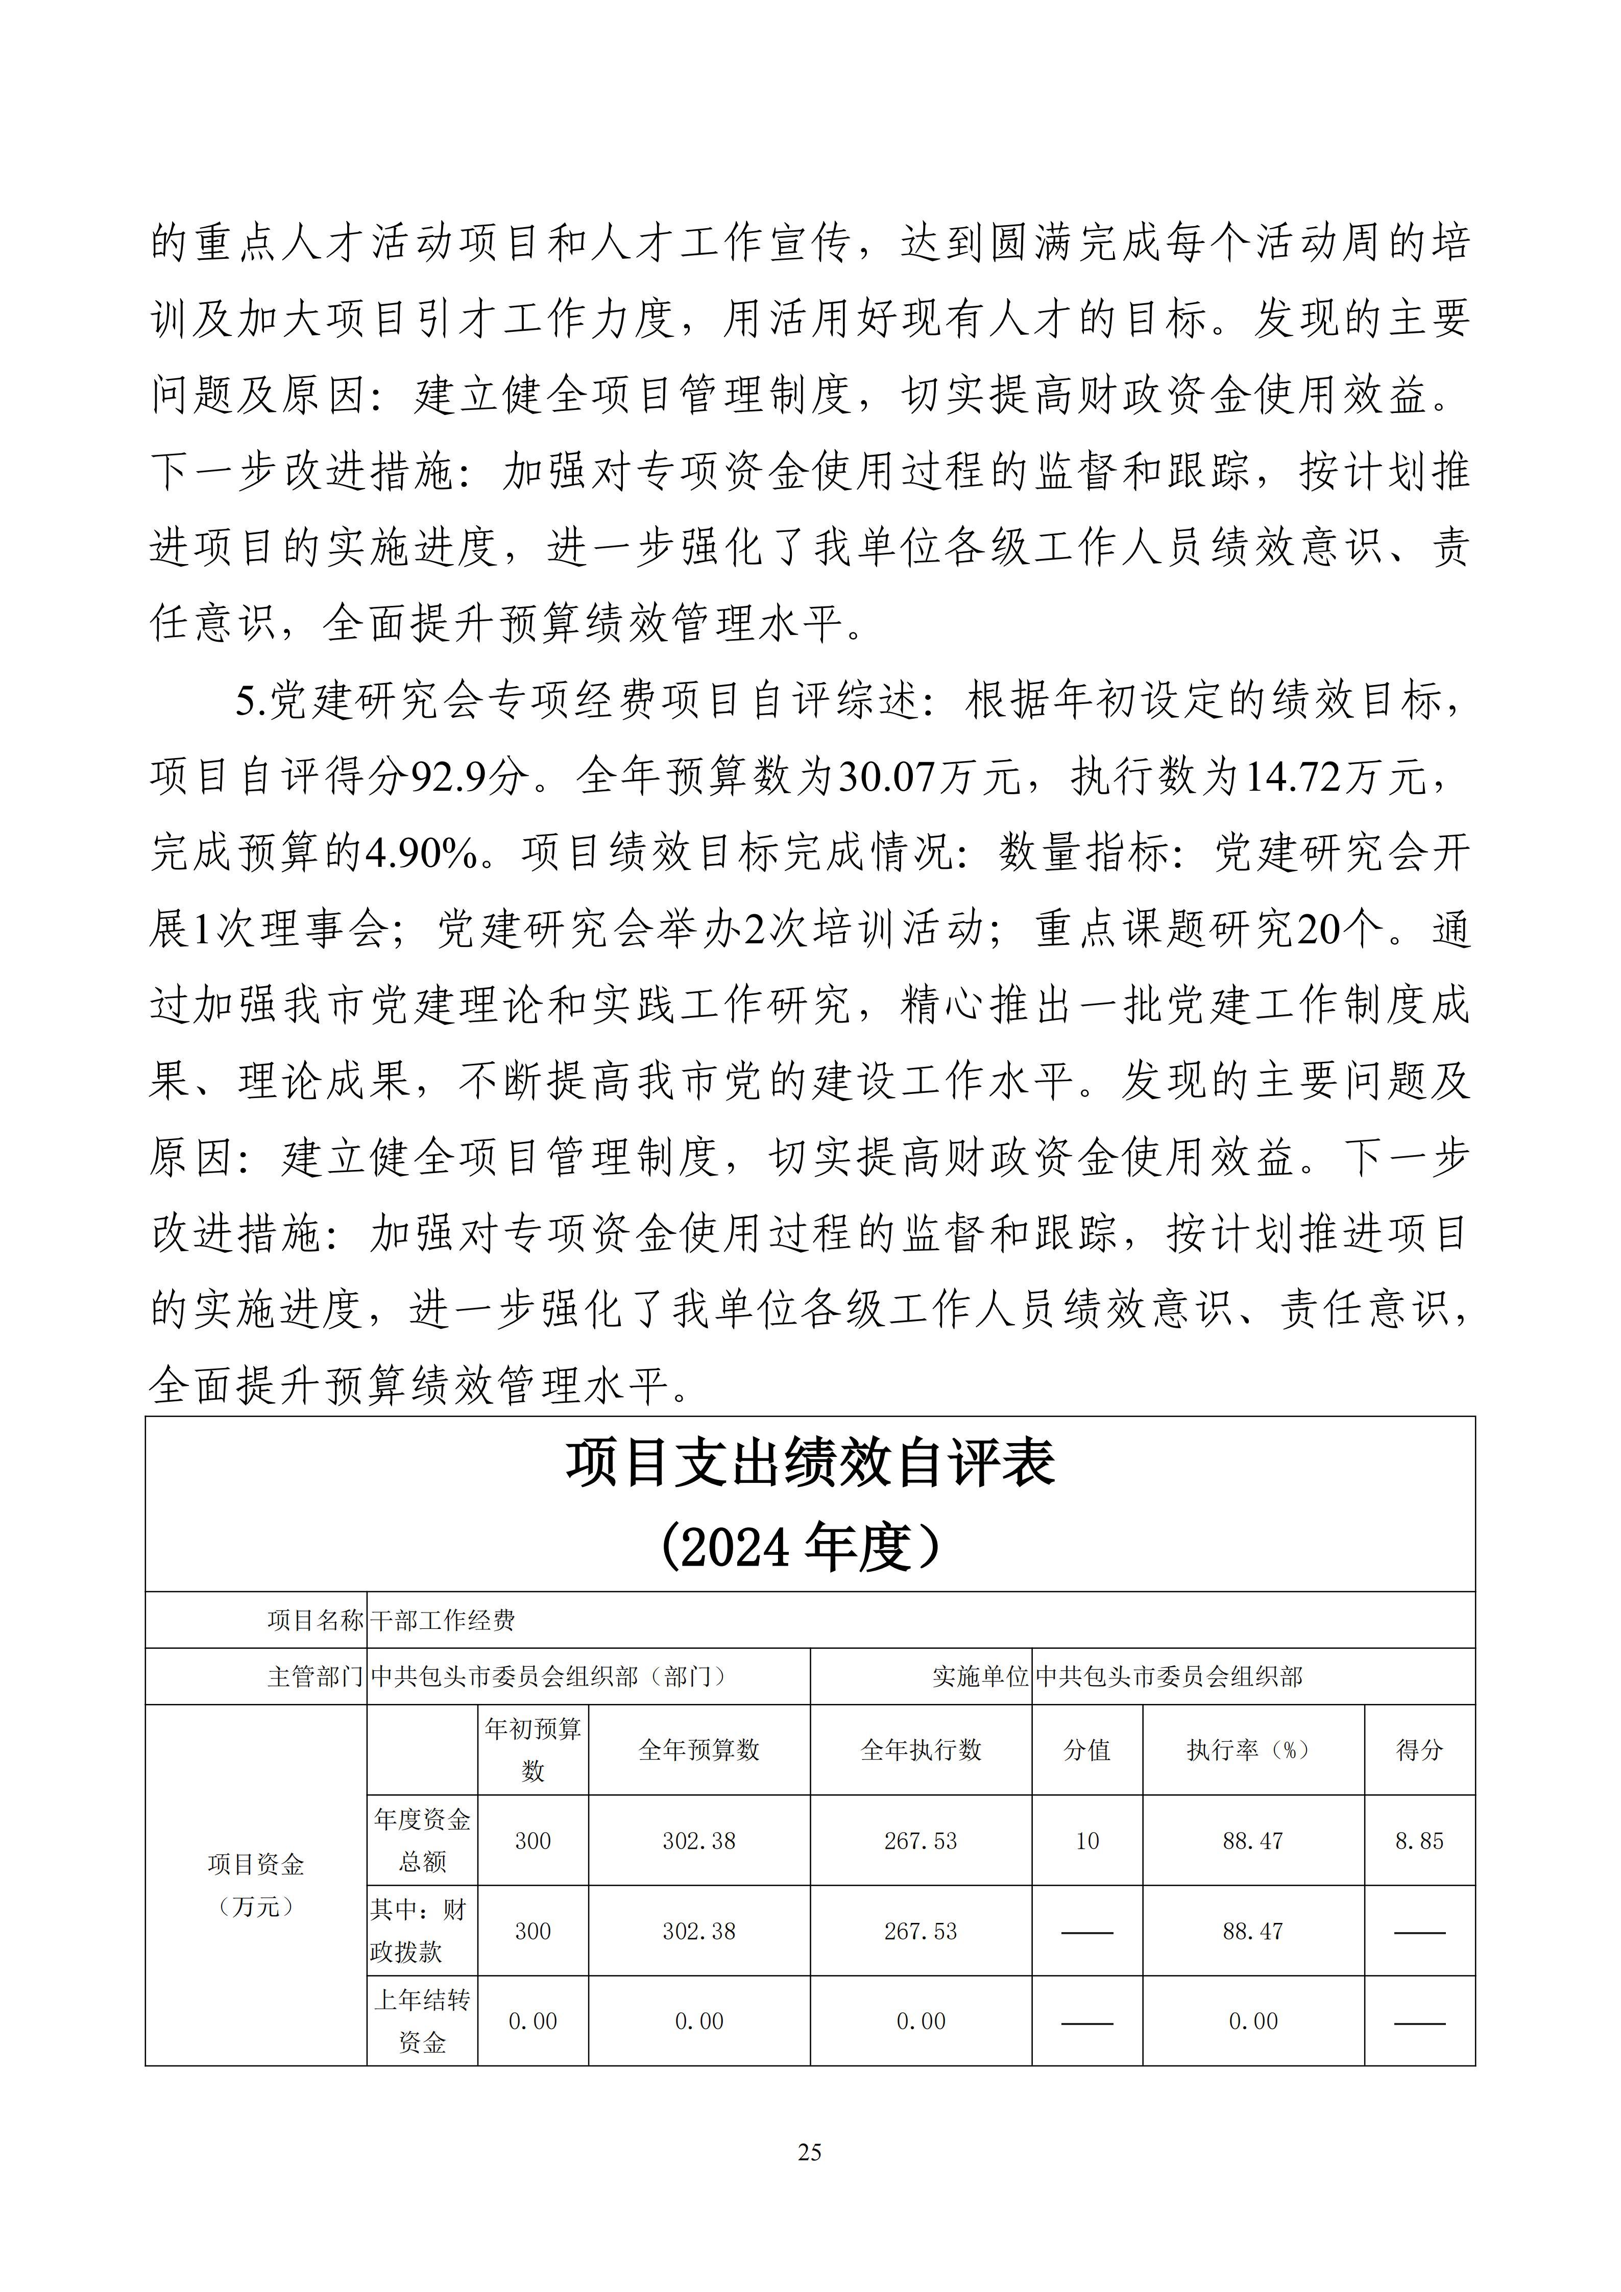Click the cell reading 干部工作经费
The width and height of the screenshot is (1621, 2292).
click(x=442, y=1620)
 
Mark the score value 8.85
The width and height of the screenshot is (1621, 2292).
click(x=1418, y=1840)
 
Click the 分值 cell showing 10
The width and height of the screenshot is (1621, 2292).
click(x=1087, y=1840)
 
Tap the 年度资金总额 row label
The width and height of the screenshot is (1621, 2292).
click(x=422, y=1840)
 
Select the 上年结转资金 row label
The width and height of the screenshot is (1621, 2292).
click(x=422, y=2020)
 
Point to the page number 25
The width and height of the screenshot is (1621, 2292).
click(x=810, y=2152)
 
